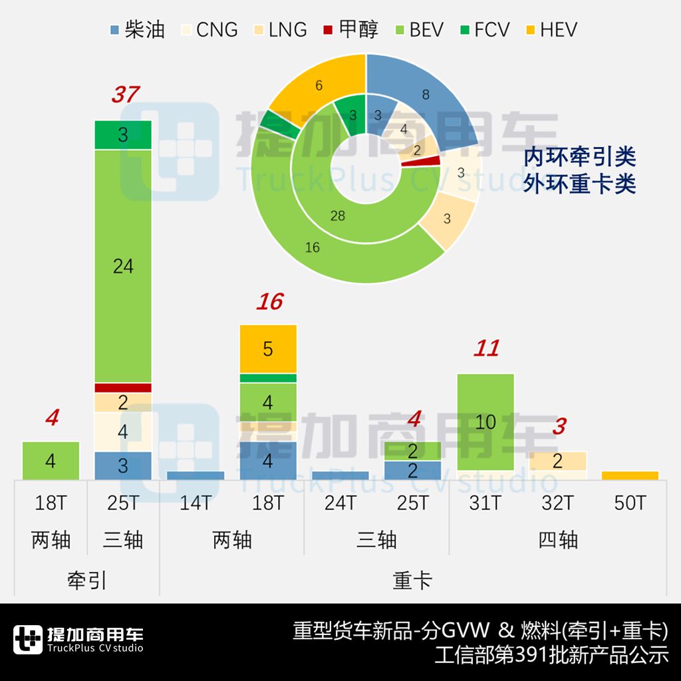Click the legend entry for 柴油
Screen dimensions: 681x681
tap(136, 30)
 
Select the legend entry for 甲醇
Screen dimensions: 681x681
tap(350, 30)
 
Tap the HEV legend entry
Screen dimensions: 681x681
tap(549, 30)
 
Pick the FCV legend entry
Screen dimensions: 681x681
tap(483, 30)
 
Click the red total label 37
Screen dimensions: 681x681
tap(124, 95)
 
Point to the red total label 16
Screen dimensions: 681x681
tap(269, 303)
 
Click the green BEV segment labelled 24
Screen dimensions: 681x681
tap(123, 266)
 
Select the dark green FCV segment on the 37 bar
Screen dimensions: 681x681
tap(123, 135)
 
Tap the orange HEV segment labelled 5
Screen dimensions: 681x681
tap(268, 349)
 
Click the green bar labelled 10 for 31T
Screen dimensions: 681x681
tap(485, 422)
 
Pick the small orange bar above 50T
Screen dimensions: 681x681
tap(630, 476)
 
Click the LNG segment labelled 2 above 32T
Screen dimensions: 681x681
tap(558, 461)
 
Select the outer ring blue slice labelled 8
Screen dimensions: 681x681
tap(426, 94)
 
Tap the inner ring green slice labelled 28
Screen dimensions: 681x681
tap(337, 216)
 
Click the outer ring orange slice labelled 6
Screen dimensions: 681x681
tap(320, 85)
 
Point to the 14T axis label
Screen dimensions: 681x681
tap(196, 503)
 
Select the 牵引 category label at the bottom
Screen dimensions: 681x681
tap(87, 581)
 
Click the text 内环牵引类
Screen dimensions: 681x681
tap(579, 158)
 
